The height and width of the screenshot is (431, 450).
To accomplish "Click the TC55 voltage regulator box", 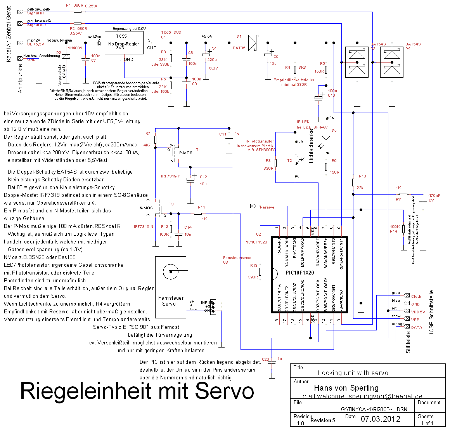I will coord(124,46).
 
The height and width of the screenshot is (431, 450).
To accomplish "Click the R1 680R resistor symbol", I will coord(78,12).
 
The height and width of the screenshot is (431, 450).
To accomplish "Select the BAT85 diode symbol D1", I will coord(253,43).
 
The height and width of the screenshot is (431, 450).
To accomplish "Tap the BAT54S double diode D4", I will coord(391,62).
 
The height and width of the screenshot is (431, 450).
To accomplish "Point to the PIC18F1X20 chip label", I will coord(299,273).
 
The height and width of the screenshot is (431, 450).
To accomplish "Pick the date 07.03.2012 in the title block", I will coord(380,419).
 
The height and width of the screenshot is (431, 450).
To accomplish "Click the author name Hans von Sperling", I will coord(346,388).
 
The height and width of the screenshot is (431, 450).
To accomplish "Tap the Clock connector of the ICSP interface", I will coord(416,296).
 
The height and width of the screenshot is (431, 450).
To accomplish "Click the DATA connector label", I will coord(416,327).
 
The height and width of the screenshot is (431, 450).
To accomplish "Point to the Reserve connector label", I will coord(267,207).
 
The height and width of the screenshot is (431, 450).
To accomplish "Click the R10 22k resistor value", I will coord(360,188).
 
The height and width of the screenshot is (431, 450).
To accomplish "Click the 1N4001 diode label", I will coord(75,48).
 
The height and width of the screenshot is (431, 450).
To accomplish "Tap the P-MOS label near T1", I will coord(185,153).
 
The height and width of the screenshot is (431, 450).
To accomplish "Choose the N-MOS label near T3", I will coord(146,208).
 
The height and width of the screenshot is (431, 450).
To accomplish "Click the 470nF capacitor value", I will coord(434,196).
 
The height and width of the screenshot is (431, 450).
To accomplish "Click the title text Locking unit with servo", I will coord(353,373).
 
